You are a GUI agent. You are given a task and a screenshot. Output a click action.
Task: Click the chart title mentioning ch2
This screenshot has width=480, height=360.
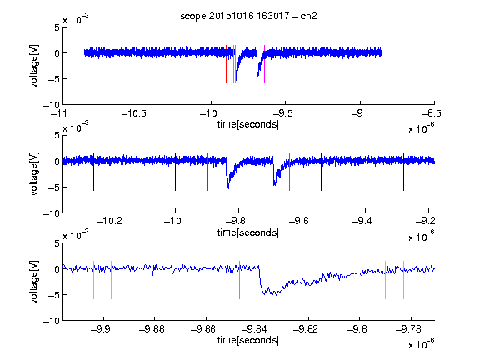click(x=248, y=16)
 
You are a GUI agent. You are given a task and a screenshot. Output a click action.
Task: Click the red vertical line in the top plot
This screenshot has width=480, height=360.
click(x=226, y=64)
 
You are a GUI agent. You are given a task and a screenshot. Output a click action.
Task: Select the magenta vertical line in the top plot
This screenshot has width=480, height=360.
click(x=264, y=64)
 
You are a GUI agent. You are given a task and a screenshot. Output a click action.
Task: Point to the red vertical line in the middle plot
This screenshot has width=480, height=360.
click(x=207, y=172)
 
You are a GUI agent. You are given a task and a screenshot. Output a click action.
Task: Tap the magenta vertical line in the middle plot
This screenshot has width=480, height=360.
click(x=290, y=172)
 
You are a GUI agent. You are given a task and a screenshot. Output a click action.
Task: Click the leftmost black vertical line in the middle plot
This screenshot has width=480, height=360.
click(x=93, y=172)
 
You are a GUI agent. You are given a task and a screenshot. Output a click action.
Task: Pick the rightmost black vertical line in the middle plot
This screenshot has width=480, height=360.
click(x=403, y=172)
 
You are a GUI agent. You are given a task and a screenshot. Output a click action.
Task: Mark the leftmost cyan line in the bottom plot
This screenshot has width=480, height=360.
click(x=93, y=280)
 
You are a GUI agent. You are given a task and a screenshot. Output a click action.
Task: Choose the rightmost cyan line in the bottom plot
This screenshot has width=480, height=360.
click(x=403, y=280)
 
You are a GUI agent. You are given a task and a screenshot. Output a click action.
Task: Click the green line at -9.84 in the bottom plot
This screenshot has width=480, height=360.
click(x=257, y=280)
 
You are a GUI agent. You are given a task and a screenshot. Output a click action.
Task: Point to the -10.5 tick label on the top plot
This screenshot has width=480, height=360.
click(x=134, y=114)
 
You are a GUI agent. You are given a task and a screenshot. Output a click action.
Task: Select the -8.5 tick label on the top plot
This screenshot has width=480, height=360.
click(x=432, y=114)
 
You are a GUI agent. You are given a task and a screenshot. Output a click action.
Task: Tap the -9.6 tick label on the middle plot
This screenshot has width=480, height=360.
click(x=299, y=221)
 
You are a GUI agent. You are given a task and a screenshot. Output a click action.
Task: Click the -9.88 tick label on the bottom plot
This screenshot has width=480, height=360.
click(x=152, y=329)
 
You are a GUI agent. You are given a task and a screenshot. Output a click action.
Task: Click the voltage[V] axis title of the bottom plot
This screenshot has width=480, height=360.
click(x=34, y=282)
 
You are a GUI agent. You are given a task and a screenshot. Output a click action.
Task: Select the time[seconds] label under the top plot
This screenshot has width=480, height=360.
click(x=248, y=125)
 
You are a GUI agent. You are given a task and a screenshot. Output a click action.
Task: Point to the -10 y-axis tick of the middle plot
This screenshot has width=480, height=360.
click(x=52, y=213)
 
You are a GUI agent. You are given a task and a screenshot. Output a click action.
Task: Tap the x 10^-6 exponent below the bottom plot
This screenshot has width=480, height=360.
click(x=422, y=344)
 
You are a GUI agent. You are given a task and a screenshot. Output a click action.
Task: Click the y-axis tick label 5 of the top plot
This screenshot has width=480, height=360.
click(x=57, y=27)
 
